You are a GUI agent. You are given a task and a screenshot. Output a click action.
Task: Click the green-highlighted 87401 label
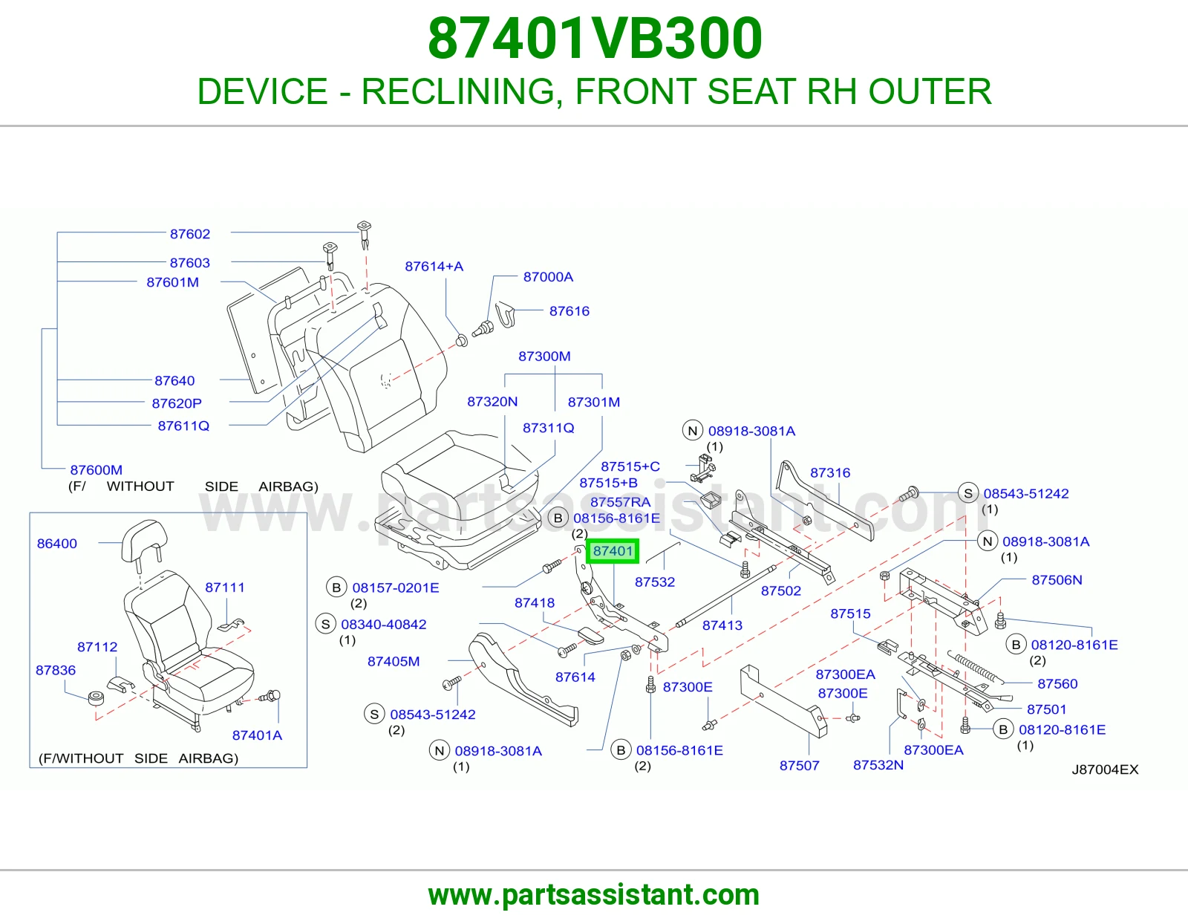click(x=613, y=550)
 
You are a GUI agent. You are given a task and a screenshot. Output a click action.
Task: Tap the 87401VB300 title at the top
click(x=595, y=39)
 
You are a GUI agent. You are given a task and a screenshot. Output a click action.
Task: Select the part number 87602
click(x=189, y=233)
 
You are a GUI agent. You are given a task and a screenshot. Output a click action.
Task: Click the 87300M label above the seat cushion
click(x=544, y=356)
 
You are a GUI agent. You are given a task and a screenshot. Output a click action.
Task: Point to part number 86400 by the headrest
click(x=57, y=543)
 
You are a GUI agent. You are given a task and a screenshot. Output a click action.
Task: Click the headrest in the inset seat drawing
click(x=144, y=538)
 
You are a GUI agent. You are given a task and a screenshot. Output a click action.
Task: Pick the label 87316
click(x=830, y=472)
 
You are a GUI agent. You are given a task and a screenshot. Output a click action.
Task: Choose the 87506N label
click(x=1057, y=580)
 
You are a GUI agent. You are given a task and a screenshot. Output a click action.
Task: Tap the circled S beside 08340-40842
click(x=326, y=624)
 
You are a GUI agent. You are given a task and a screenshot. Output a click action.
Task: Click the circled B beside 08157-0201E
click(x=337, y=588)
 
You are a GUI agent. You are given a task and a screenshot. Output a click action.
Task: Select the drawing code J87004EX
click(x=1105, y=769)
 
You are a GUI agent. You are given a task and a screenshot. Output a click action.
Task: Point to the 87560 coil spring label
click(x=1057, y=683)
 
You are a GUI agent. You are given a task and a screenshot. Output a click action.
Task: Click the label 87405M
click(x=394, y=661)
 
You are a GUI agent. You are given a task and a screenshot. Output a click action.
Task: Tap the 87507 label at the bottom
click(x=799, y=765)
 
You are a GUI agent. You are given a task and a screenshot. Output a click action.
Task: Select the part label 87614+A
click(x=434, y=267)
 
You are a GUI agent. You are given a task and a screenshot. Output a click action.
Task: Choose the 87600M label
click(x=97, y=470)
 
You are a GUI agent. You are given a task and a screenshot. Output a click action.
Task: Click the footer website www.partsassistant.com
click(x=594, y=895)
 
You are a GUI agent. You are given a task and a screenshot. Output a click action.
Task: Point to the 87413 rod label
click(x=722, y=625)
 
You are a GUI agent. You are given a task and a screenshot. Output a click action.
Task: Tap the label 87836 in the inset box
click(x=56, y=670)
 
